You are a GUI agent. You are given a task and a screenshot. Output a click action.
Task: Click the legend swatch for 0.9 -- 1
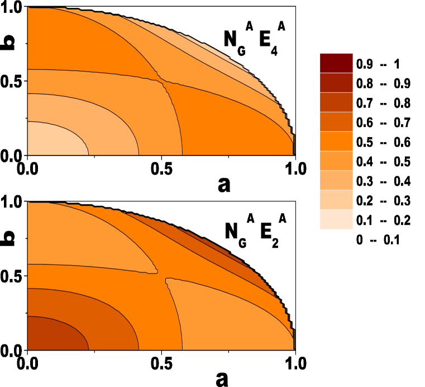tap(336, 64)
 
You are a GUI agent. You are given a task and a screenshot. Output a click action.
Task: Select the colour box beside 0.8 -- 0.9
tap(336, 83)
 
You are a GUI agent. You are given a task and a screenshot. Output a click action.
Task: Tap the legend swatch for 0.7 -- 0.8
tap(336, 103)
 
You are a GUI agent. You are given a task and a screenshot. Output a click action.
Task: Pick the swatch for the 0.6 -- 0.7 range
tap(336, 122)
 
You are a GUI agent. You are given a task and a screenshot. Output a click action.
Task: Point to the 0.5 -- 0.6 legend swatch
tap(336, 142)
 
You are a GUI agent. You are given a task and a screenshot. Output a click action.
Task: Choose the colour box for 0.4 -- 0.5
tap(336, 162)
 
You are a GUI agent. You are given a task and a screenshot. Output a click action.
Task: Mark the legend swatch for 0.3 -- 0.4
tap(336, 181)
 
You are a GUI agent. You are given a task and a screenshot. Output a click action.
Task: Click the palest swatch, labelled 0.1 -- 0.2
tap(336, 220)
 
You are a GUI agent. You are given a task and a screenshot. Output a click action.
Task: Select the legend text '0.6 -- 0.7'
tap(383, 122)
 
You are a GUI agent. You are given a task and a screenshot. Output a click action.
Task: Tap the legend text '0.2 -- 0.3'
tap(383, 201)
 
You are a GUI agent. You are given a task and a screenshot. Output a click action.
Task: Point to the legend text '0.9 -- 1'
tap(378, 64)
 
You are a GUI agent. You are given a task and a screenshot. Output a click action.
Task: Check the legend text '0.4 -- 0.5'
tap(383, 162)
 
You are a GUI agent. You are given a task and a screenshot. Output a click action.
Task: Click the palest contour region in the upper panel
tap(53, 140)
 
